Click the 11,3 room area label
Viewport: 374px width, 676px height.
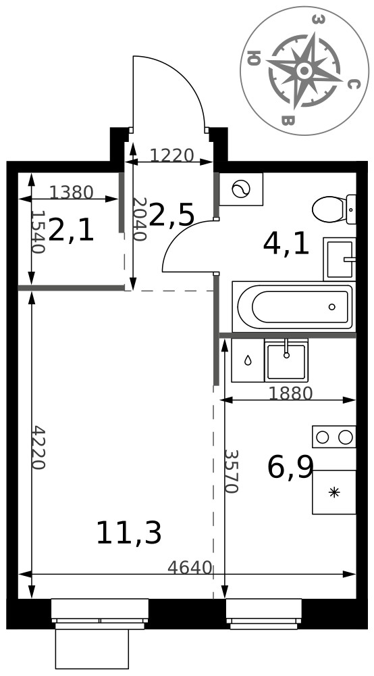(129, 533)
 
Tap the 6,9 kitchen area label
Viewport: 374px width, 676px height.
(290, 467)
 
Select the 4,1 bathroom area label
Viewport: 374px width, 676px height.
(286, 244)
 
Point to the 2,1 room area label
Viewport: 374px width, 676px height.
(71, 230)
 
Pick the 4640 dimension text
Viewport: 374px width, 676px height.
(190, 568)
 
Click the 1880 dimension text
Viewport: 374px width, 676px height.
(290, 393)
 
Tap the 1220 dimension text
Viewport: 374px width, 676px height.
(171, 155)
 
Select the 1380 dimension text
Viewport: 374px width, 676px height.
(71, 192)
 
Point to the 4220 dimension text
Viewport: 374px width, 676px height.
(38, 448)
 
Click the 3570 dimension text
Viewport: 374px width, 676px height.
(231, 472)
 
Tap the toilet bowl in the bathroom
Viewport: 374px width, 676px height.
(334, 210)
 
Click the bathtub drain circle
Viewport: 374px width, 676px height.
(332, 307)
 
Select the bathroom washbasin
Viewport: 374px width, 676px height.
(340, 259)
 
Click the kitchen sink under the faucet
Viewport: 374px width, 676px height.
(287, 361)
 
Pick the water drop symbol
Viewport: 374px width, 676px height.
(248, 360)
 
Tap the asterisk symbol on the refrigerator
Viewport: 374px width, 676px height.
(334, 492)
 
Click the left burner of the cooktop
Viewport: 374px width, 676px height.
(322, 437)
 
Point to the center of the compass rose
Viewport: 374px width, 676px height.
(304, 70)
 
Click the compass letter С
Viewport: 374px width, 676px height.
(353, 84)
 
